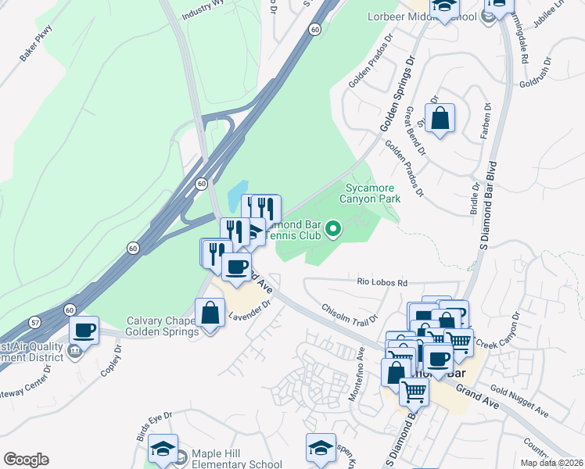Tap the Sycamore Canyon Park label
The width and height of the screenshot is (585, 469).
(369, 193)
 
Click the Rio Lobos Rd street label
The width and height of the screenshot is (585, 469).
(382, 282)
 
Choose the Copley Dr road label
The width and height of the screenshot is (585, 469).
(108, 360)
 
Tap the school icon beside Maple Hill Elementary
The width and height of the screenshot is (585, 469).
(163, 449)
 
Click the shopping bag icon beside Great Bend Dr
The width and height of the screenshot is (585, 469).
(440, 119)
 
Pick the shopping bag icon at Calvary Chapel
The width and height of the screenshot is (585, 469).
(210, 313)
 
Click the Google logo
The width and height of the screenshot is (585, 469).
(26, 460)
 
